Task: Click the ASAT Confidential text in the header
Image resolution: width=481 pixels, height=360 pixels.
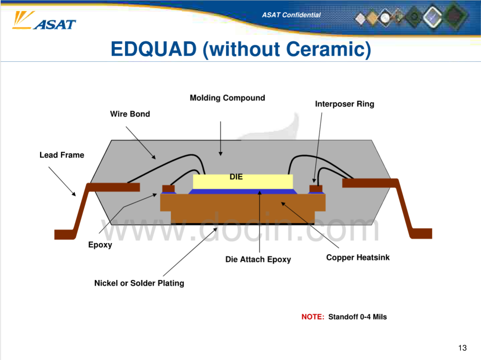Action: (291, 15)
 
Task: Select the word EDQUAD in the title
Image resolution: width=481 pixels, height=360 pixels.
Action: (153, 49)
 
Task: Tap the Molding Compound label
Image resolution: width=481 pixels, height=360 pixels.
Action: (227, 98)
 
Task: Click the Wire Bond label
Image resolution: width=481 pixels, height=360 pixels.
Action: (130, 114)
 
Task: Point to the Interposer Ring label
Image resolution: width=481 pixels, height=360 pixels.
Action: (344, 104)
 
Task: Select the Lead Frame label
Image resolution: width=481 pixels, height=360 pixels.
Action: (61, 155)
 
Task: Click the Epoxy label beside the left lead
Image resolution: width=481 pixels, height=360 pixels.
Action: (100, 245)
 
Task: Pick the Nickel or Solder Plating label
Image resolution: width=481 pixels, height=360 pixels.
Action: (139, 283)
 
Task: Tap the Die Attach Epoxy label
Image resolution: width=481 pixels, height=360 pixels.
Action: (258, 259)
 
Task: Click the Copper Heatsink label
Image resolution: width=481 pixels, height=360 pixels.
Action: (358, 257)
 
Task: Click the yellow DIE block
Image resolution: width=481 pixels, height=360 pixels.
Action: (243, 182)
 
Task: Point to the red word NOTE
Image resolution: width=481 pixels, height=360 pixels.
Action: (313, 317)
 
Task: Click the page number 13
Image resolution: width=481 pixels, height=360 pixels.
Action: (462, 348)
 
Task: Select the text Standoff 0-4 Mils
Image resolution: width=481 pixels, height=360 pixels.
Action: (357, 317)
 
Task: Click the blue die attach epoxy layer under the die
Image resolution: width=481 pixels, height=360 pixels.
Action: (243, 192)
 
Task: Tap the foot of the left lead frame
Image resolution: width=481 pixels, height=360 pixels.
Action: (65, 235)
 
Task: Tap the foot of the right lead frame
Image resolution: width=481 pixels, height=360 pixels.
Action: (421, 234)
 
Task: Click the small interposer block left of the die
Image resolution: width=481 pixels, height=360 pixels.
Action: (168, 188)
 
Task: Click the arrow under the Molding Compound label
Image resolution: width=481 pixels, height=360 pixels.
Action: (220, 138)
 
